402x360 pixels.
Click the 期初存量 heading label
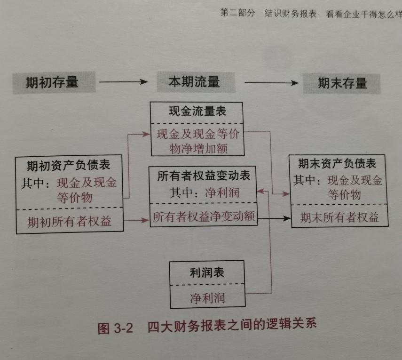(52, 83)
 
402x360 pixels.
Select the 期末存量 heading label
(342, 83)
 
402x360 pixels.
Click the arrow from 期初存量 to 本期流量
(123, 82)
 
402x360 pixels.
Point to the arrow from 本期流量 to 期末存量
(272, 83)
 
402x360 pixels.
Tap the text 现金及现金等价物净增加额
(197, 142)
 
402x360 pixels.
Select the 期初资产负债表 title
(69, 165)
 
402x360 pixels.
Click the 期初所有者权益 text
(69, 221)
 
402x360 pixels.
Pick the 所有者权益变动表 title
(204, 176)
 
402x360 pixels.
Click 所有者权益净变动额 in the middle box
(204, 217)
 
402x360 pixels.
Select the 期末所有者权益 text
(339, 218)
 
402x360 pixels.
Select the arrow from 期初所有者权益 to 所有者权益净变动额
(136, 220)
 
